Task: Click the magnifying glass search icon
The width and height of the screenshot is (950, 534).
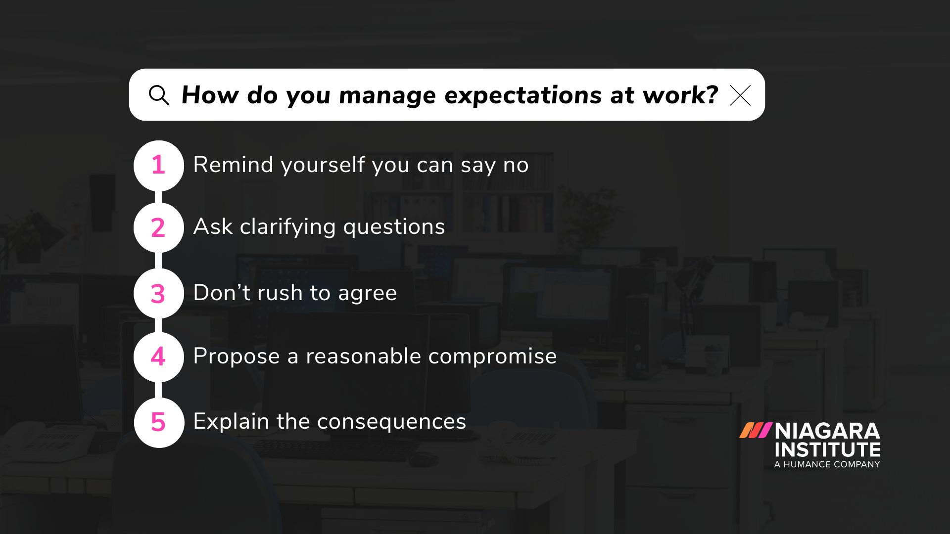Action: (x=158, y=95)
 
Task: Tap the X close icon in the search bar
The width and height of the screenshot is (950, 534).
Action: (x=740, y=95)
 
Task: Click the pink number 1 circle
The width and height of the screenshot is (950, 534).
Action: (x=158, y=165)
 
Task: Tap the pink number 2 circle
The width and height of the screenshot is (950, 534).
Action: (x=158, y=227)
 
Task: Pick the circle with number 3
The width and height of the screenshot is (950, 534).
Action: (x=158, y=293)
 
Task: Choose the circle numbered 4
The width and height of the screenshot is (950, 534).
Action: (x=158, y=356)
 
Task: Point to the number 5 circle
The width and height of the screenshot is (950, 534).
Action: (x=158, y=422)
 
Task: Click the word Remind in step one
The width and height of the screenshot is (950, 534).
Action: (x=233, y=165)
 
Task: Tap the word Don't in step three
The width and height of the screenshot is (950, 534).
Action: (x=222, y=293)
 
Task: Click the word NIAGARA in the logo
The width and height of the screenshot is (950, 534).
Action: (x=827, y=431)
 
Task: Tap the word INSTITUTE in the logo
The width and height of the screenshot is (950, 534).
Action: (x=827, y=450)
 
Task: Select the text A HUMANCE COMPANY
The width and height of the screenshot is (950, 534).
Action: (x=827, y=464)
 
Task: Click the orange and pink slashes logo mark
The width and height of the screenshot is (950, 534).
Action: (x=756, y=430)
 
